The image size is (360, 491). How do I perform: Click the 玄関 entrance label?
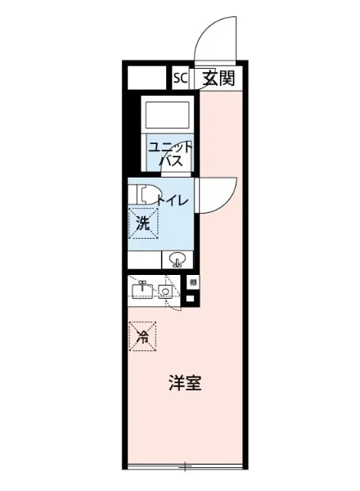point(219,79)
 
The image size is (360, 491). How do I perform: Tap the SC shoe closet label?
point(180,79)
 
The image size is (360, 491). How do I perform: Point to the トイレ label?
point(173,200)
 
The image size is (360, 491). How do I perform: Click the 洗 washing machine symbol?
point(142,221)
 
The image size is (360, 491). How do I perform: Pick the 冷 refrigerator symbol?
point(143,335)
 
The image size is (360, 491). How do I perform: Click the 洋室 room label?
point(185,383)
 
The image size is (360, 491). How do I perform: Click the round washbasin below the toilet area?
point(177,261)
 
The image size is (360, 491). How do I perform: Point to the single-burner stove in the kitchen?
point(165,291)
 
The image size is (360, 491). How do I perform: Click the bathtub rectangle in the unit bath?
point(167,111)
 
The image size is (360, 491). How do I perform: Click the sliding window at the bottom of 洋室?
point(185,466)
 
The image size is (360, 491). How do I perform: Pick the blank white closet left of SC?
point(147,79)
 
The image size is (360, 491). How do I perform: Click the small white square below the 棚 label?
point(191,299)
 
